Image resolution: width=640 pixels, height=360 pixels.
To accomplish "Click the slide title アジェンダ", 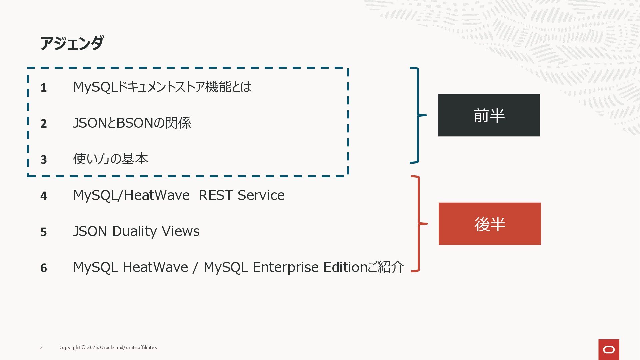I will coord(72,43).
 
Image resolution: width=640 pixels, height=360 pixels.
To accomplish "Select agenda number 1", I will coord(44,88).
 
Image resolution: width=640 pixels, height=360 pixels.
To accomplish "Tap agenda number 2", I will coord(44,124).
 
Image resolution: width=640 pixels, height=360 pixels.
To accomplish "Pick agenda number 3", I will coord(44,160).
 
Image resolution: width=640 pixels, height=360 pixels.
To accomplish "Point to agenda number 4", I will coord(44,196).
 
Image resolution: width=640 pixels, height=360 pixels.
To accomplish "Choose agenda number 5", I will coord(44,232).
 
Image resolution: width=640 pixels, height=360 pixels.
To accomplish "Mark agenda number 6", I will coord(44,268).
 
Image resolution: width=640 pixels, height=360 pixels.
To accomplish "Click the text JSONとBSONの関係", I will coord(132,123).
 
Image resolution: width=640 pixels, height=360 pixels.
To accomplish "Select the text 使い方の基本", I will coord(111,159).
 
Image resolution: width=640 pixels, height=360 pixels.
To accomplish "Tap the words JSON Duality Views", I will coord(136,231).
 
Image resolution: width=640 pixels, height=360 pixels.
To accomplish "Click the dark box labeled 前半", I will coord(489,115).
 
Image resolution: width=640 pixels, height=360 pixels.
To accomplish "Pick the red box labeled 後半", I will coord(489,224).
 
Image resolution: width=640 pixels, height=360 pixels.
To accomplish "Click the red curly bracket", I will coord(418,224).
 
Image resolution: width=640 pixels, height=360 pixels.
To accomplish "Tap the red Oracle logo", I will coord(609,349).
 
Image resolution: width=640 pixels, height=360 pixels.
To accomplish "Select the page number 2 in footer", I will coord(41,347).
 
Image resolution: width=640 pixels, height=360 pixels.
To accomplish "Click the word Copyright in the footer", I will coord(70,347).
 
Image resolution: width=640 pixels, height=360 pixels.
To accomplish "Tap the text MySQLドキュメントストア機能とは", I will coord(162,87).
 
